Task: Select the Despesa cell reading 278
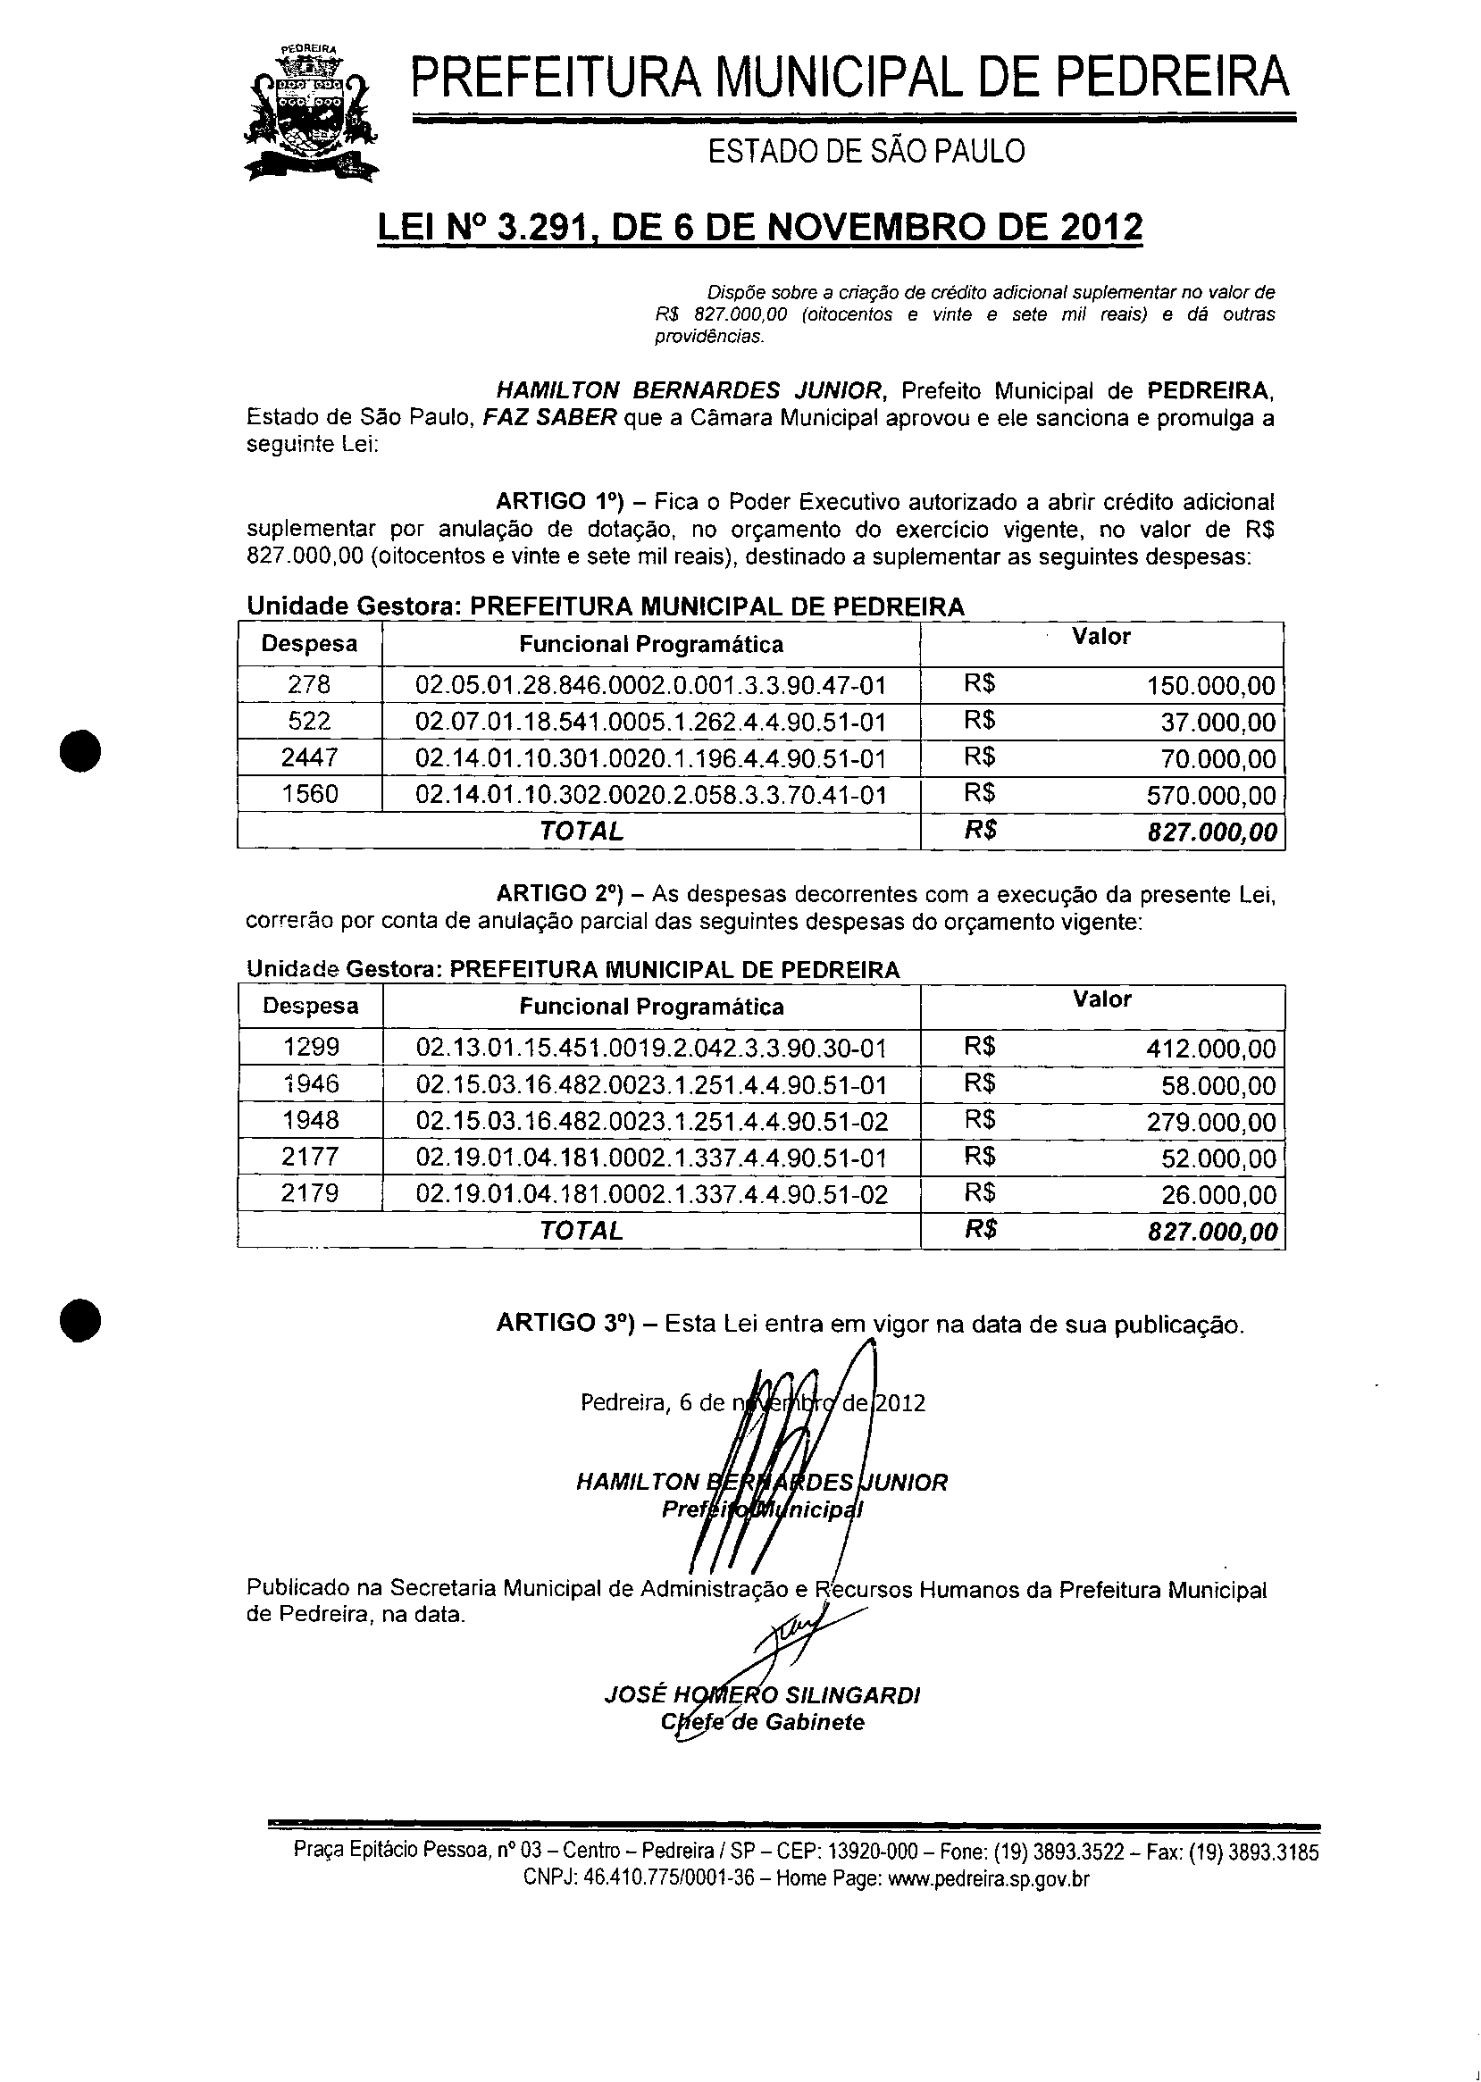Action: pos(309,685)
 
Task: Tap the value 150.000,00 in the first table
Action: pos(1211,686)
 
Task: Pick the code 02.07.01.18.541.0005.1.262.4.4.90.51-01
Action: pos(651,723)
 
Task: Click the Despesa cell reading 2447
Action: pos(309,757)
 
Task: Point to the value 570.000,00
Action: pos(1211,795)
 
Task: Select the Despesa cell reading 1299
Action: pos(310,1047)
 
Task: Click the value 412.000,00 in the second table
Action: pos(1211,1049)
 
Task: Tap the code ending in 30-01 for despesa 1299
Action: pos(651,1048)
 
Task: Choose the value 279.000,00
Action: pos(1211,1122)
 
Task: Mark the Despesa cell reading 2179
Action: pos(310,1193)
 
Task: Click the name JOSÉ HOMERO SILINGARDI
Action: pos(761,1695)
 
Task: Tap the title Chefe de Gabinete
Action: pos(761,1722)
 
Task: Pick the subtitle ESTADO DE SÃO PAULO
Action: pos(866,151)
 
